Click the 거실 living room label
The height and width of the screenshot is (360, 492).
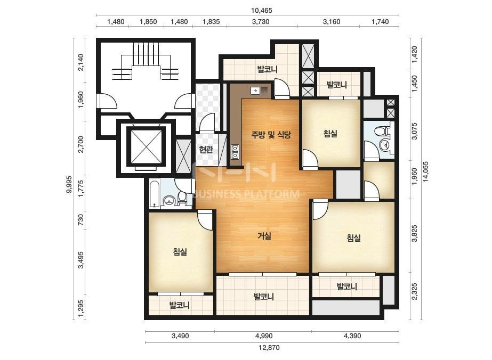264,236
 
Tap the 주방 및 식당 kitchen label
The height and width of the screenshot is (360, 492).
271,135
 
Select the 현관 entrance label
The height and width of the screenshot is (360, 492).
206,150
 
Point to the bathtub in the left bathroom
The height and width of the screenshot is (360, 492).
155,193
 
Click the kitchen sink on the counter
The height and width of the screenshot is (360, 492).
259,91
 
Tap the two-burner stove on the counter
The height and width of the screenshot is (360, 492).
235,152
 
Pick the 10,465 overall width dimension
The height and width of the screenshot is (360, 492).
261,10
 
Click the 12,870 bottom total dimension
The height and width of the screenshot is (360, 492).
269,347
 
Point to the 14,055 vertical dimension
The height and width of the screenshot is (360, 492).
425,171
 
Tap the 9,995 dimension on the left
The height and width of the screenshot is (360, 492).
69,184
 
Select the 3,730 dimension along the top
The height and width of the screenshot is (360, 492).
261,22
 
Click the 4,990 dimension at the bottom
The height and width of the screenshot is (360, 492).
264,336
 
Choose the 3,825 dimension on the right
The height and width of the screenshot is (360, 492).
415,233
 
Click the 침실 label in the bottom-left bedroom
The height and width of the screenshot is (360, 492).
180,251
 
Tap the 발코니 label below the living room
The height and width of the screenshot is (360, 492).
263,296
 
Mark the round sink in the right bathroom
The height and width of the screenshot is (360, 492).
384,145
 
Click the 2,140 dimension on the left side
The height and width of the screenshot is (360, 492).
80,62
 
